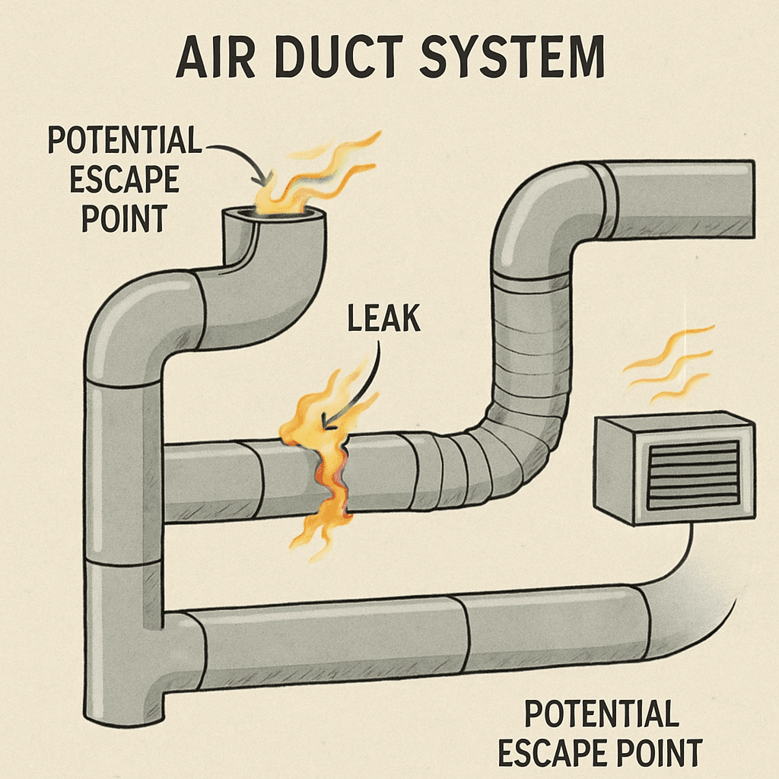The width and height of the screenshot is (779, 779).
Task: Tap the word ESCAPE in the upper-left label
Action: (x=124, y=180)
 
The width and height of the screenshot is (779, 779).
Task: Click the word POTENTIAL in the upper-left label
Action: (x=124, y=141)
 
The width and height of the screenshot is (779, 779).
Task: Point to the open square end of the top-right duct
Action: (x=749, y=199)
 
